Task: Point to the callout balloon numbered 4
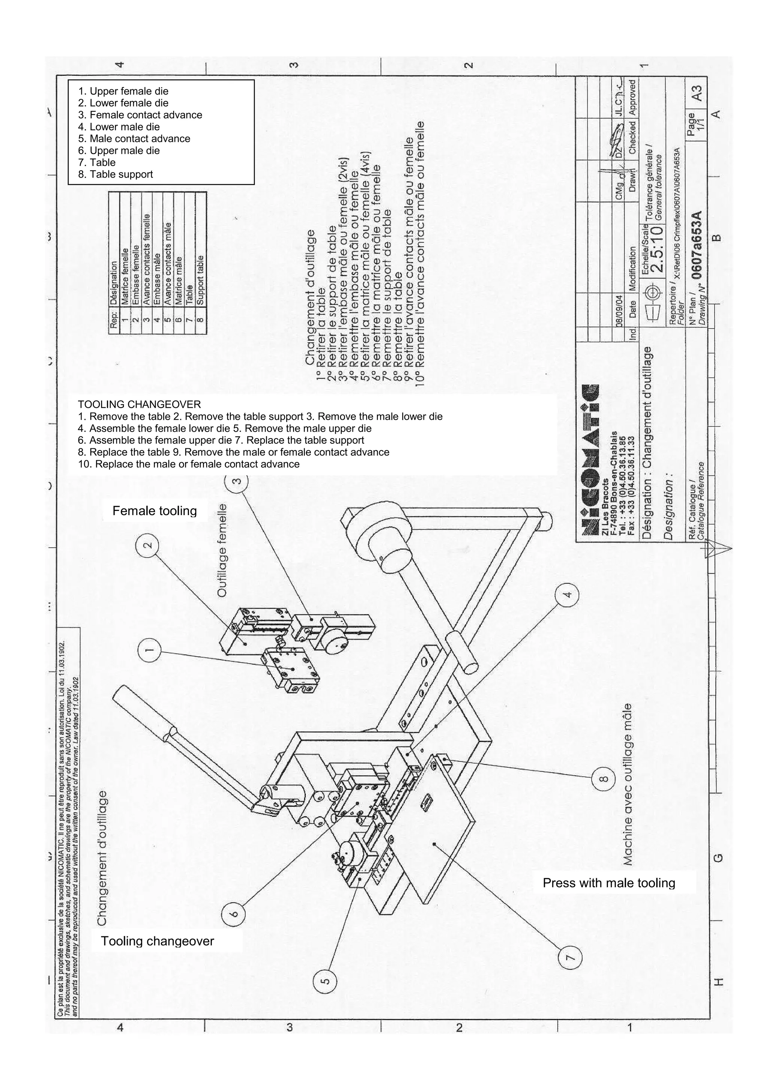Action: point(567,594)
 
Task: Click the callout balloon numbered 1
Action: point(149,650)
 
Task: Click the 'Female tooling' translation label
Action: point(154,511)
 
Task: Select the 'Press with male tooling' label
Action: point(609,883)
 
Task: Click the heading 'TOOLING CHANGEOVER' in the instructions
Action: point(139,405)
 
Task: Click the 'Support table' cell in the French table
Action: point(200,280)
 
